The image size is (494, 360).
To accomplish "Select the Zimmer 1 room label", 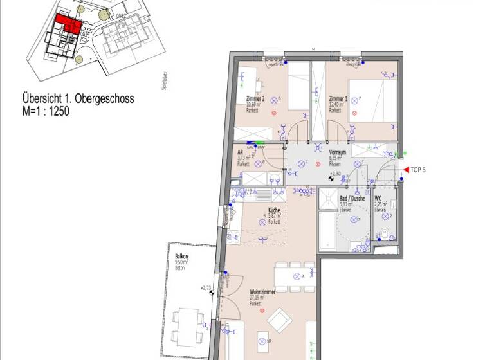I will pyautogui.click(x=338, y=99).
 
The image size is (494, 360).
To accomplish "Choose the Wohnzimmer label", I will pyautogui.click(x=262, y=292).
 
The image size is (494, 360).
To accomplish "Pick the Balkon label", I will pyautogui.click(x=181, y=256).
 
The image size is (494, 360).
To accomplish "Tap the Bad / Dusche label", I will pyautogui.click(x=352, y=199).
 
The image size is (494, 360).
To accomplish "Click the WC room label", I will pyautogui.click(x=378, y=199).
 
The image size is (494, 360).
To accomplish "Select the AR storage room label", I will pyautogui.click(x=240, y=152).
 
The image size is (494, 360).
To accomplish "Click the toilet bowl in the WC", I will pyautogui.click(x=386, y=233).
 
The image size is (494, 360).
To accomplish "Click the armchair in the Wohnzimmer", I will pyautogui.click(x=279, y=319).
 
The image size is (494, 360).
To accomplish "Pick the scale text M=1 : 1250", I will pyautogui.click(x=46, y=111).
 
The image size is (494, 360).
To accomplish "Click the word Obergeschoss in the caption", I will pyautogui.click(x=104, y=99).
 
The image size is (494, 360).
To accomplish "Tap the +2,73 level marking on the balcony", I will pyautogui.click(x=206, y=287).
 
